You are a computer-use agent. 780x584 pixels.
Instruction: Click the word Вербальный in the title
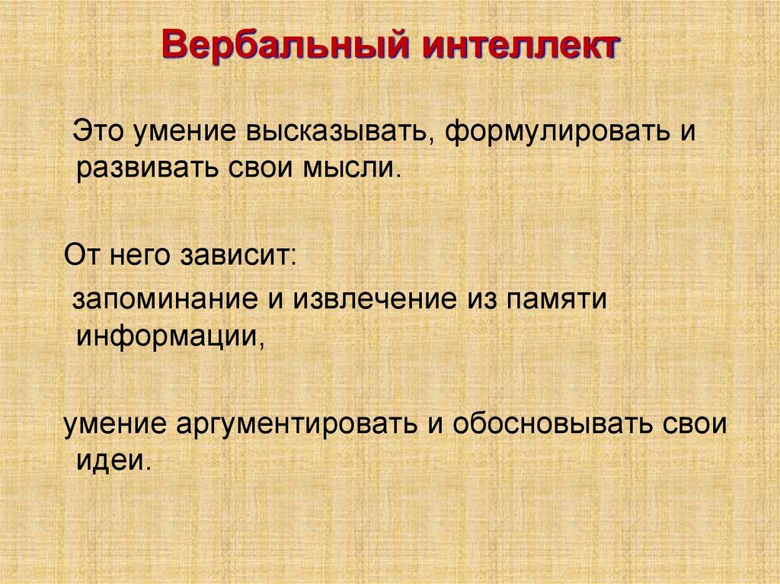280,46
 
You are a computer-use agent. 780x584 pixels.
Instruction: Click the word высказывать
339,132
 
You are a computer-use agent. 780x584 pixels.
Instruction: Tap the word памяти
544,299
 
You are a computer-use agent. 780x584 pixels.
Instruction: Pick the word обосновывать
555,423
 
